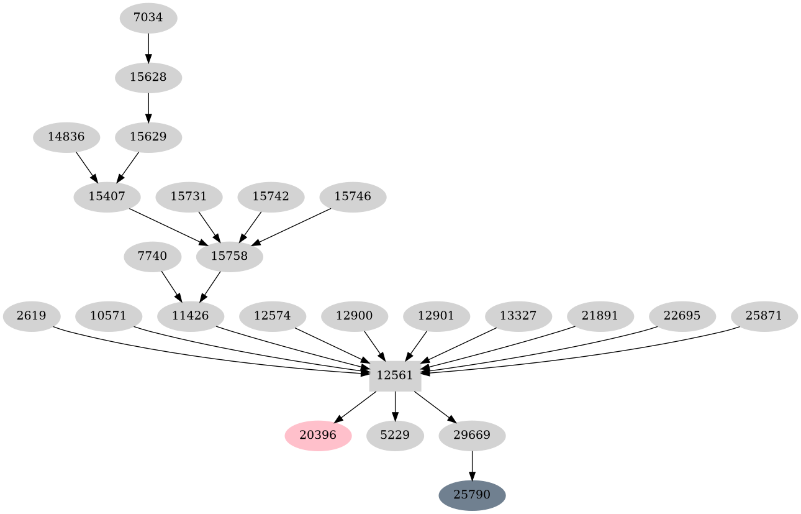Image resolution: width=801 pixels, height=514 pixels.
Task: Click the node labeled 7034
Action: pyautogui.click(x=148, y=18)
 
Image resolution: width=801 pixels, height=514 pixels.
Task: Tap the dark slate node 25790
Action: pyautogui.click(x=472, y=495)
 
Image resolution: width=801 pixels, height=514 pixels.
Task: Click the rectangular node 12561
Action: pyautogui.click(x=395, y=376)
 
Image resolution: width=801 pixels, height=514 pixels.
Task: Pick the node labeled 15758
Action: pyautogui.click(x=229, y=256)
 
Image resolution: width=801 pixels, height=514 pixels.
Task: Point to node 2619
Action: pyautogui.click(x=32, y=316)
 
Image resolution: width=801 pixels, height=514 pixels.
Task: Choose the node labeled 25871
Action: pyautogui.click(x=764, y=316)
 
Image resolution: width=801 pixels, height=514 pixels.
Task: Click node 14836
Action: pyautogui.click(x=66, y=137)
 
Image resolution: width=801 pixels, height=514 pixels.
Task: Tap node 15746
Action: pyautogui.click(x=353, y=196)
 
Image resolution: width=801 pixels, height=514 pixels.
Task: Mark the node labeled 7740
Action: pyautogui.click(x=153, y=256)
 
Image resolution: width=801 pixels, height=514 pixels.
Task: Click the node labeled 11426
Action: pyautogui.click(x=191, y=316)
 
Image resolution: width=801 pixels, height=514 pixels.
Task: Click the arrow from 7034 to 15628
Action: pyautogui.click(x=148, y=48)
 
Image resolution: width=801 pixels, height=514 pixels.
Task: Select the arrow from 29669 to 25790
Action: pyautogui.click(x=472, y=466)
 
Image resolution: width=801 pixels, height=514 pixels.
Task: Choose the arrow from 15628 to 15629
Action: pyautogui.click(x=148, y=107)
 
